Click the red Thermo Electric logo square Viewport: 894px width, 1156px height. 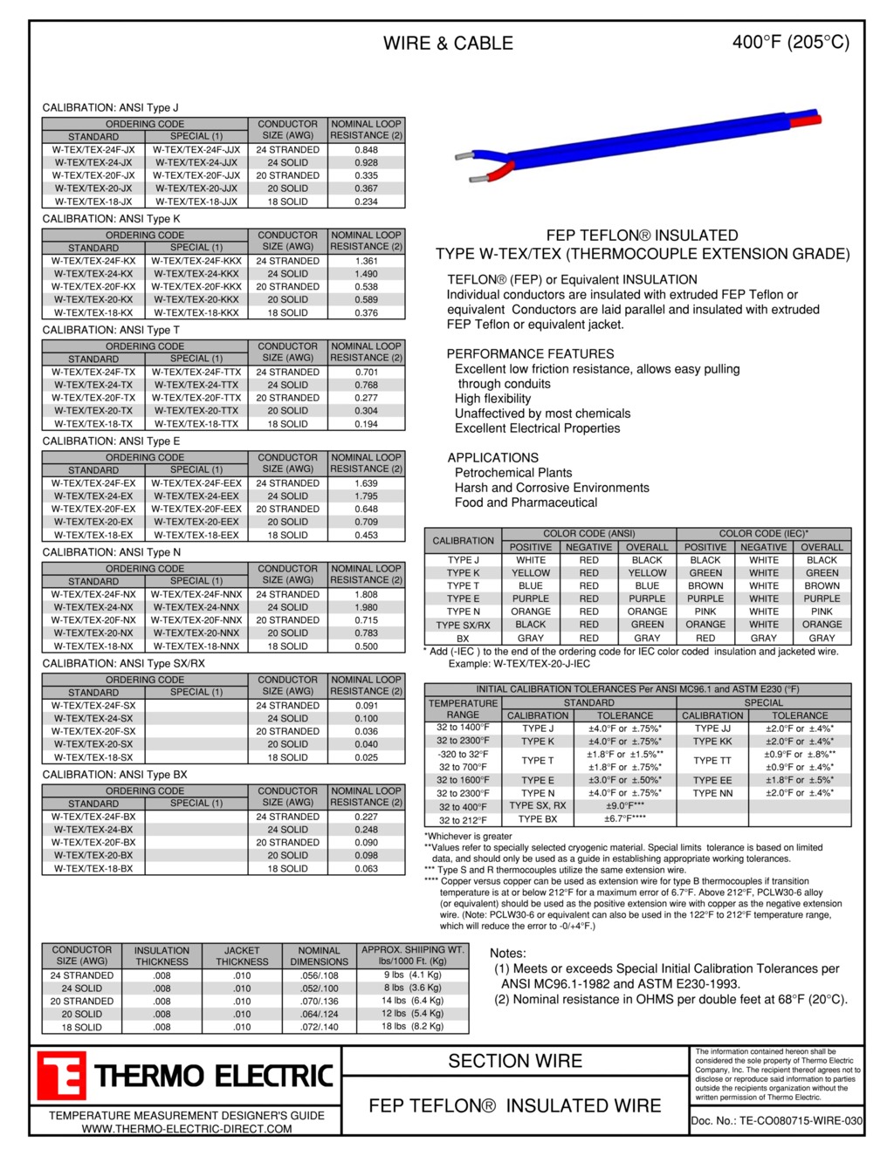(x=61, y=1075)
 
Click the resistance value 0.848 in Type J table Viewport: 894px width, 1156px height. (x=366, y=150)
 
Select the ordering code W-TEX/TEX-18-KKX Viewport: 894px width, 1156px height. (x=196, y=312)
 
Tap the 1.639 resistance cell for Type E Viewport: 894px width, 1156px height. (x=366, y=483)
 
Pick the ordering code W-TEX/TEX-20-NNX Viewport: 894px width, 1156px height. (x=196, y=633)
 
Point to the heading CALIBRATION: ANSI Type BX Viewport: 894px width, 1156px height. (x=114, y=775)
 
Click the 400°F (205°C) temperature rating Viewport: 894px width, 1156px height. (x=790, y=42)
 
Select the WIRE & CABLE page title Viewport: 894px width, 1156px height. (x=448, y=44)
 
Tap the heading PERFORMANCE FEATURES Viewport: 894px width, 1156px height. (x=530, y=354)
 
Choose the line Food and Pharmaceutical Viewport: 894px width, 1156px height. (x=526, y=503)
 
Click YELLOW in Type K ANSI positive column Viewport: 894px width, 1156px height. (x=531, y=573)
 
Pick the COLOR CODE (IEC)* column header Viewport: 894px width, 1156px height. (x=763, y=534)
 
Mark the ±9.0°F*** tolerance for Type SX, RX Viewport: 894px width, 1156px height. (x=625, y=806)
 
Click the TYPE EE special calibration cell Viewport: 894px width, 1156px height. (x=712, y=781)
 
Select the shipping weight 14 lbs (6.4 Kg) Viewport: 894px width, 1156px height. (x=412, y=1002)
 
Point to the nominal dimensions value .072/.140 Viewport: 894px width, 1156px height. (x=319, y=1028)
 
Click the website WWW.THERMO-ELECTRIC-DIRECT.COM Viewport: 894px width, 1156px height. (x=187, y=1129)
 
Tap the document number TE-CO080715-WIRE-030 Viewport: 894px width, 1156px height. (x=776, y=1121)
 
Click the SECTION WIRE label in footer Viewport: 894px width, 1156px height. (x=515, y=1062)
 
